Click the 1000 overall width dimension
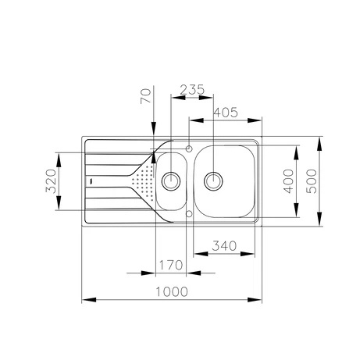pos(172,292)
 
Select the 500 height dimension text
pos(312,181)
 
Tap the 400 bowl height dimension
pos(288,181)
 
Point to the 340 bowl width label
pos(224,246)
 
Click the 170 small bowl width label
pos(171,265)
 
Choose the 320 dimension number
pos(51,181)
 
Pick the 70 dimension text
pos(146,96)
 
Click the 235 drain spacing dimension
pos(192,90)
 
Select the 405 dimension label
pos(226,113)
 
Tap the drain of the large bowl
pos(213,181)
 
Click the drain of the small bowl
pos(171,181)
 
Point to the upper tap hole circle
pos(189,149)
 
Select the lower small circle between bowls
pos(189,214)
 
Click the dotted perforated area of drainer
pos(143,181)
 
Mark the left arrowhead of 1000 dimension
pos(89,300)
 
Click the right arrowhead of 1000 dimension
pos(255,300)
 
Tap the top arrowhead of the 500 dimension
pos(319,144)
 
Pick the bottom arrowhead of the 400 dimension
pos(297,210)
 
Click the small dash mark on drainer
pos(91,181)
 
